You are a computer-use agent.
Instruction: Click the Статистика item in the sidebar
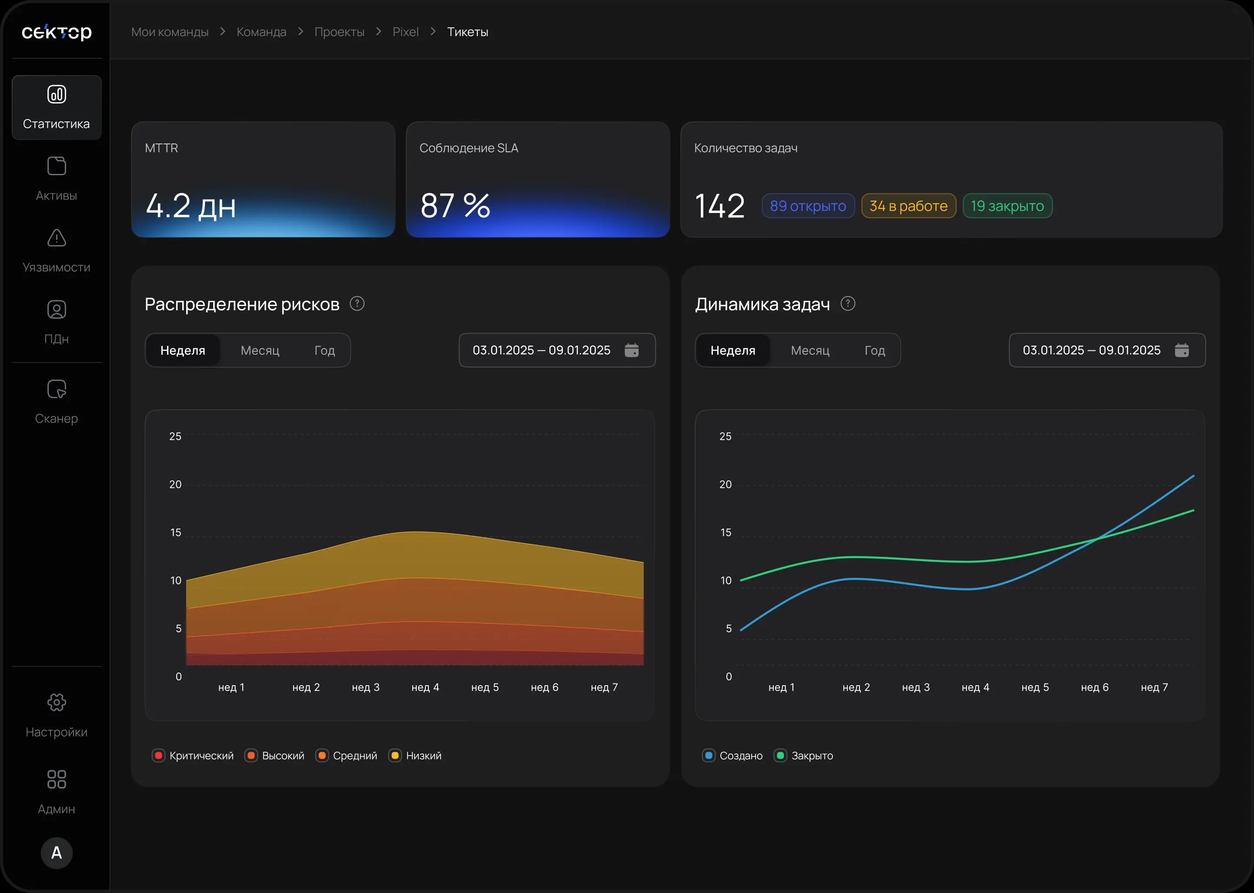57,108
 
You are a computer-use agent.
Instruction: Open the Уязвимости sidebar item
57,251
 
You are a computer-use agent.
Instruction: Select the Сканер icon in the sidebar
57,389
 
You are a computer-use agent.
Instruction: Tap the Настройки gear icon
57,702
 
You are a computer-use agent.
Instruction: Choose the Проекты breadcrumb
339,32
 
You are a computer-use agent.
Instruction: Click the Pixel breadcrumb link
405,32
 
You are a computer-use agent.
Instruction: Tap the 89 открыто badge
808,206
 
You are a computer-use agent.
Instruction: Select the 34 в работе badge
909,206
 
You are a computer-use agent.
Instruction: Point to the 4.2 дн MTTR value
191,206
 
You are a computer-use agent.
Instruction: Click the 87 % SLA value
455,206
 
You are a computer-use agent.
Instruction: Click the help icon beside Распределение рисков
357,303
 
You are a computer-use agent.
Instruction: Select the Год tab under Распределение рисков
324,350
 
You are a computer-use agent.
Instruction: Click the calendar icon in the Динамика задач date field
1182,350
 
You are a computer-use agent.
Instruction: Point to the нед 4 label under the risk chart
425,687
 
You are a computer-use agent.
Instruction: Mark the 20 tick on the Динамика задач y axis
726,484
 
